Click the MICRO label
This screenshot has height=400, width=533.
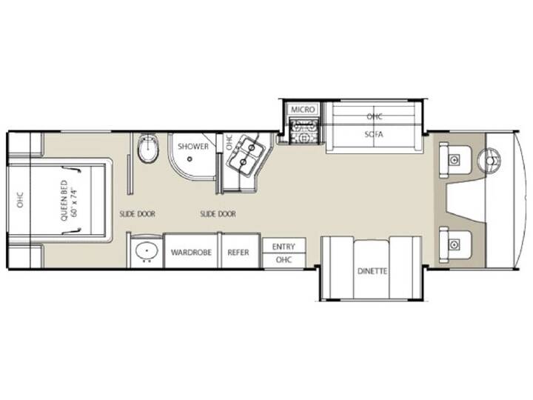[303, 110]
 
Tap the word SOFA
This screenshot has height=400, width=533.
[374, 134]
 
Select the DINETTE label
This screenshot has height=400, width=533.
[372, 271]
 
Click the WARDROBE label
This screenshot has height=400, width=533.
[191, 253]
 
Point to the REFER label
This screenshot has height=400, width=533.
[238, 253]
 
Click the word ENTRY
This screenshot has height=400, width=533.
[284, 247]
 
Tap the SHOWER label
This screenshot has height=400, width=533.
[193, 146]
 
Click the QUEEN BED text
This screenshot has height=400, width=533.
[64, 201]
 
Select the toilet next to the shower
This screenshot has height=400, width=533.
[148, 149]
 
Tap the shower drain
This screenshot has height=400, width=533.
[190, 159]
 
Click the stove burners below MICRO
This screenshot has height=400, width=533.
[304, 131]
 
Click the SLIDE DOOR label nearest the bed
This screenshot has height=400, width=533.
[138, 214]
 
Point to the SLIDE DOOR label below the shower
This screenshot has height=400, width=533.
[218, 214]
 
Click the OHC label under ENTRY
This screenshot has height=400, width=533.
[284, 260]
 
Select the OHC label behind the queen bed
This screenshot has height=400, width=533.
[20, 200]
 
